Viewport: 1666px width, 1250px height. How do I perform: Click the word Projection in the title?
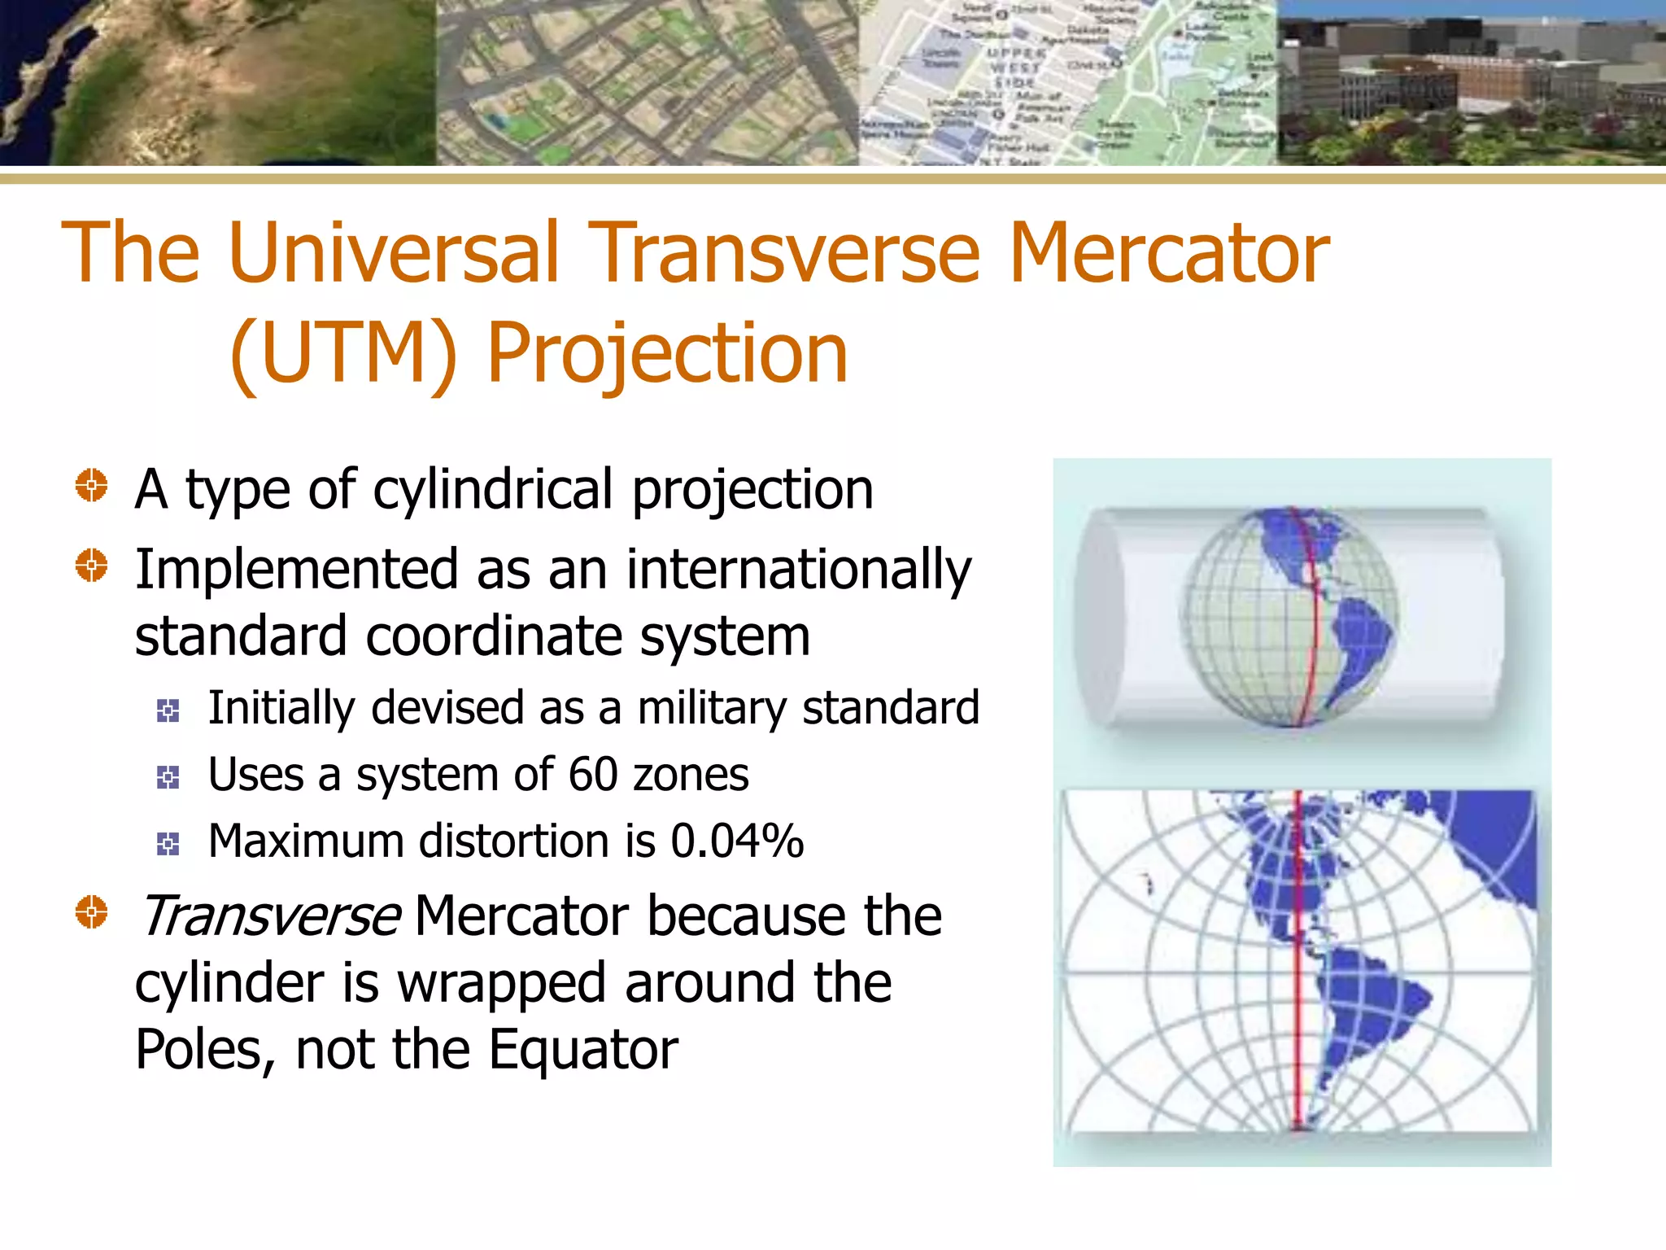(667, 355)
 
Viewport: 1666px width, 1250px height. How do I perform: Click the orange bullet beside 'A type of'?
(91, 486)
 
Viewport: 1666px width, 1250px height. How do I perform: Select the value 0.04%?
(737, 841)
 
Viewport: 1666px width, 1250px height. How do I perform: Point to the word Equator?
(583, 1051)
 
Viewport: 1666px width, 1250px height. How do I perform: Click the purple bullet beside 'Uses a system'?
(168, 778)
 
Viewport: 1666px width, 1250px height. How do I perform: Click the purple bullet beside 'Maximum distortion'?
(168, 844)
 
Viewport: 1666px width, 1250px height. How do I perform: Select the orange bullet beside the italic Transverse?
(91, 912)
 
